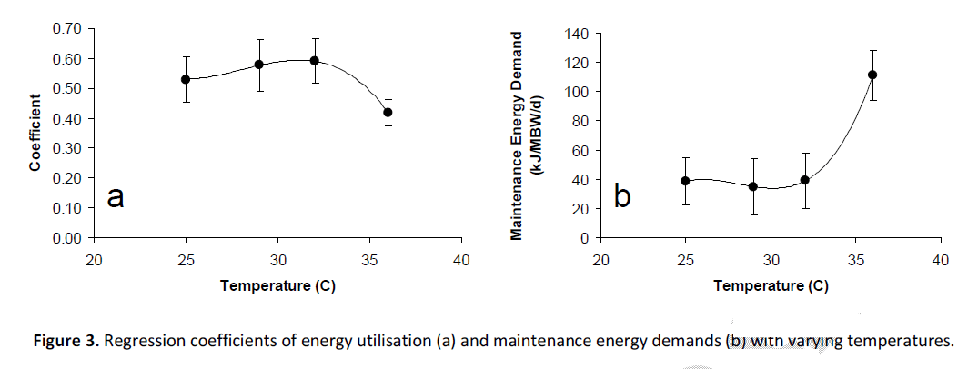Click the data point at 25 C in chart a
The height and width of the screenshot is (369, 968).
click(x=186, y=79)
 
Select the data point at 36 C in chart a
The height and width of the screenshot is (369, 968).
click(x=388, y=113)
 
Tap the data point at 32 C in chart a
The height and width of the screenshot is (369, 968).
click(x=314, y=61)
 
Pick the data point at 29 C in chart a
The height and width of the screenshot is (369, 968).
click(x=259, y=65)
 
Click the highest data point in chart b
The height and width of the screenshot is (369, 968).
click(x=872, y=75)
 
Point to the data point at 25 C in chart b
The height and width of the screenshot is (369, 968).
click(x=685, y=181)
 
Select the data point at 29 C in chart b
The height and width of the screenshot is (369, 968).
click(x=753, y=186)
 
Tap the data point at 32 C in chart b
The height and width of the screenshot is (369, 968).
click(x=804, y=180)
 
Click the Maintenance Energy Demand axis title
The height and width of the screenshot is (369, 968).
click(x=518, y=135)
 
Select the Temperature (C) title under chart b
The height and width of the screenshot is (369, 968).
click(x=771, y=286)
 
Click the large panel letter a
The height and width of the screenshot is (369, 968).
click(x=116, y=196)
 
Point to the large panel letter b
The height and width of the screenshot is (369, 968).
click(x=622, y=196)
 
